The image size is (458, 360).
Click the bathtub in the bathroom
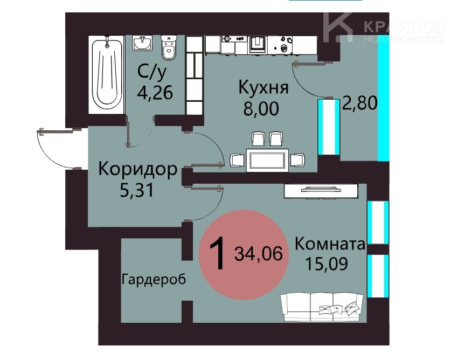pyautogui.click(x=107, y=75)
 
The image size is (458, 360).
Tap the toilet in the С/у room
pyautogui.click(x=169, y=47)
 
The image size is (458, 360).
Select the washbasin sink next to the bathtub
pyautogui.click(x=142, y=43)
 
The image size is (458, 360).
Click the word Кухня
pyautogui.click(x=263, y=87)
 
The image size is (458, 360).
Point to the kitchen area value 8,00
pyautogui.click(x=261, y=108)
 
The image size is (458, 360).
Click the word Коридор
pyautogui.click(x=137, y=169)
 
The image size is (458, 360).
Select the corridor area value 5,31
pyautogui.click(x=137, y=190)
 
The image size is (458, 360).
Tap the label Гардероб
pyautogui.click(x=154, y=279)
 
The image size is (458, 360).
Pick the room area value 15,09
pyautogui.click(x=327, y=264)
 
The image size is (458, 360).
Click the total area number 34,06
pyautogui.click(x=259, y=253)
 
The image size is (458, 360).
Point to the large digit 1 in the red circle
pyautogui.click(x=218, y=253)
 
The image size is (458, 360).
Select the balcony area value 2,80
pyautogui.click(x=360, y=103)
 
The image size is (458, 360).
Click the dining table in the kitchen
pyautogui.click(x=267, y=160)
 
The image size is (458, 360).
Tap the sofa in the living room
pyautogui.click(x=322, y=307)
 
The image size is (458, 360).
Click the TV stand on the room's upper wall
pyautogui.click(x=321, y=191)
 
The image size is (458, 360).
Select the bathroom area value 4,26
pyautogui.click(x=155, y=93)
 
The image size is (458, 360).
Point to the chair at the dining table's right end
pyautogui.click(x=297, y=160)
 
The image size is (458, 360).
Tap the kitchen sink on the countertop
pyautogui.click(x=257, y=44)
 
